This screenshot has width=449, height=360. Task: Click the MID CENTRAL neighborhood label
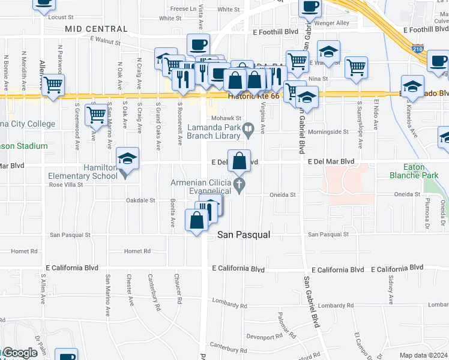(96, 29)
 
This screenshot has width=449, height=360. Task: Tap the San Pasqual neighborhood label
(243, 235)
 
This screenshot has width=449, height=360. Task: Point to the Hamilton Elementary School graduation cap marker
(127, 160)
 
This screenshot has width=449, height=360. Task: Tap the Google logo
(19, 352)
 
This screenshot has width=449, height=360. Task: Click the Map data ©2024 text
(423, 355)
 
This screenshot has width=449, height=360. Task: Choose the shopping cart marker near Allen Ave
(53, 85)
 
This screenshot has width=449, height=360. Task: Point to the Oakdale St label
(140, 200)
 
